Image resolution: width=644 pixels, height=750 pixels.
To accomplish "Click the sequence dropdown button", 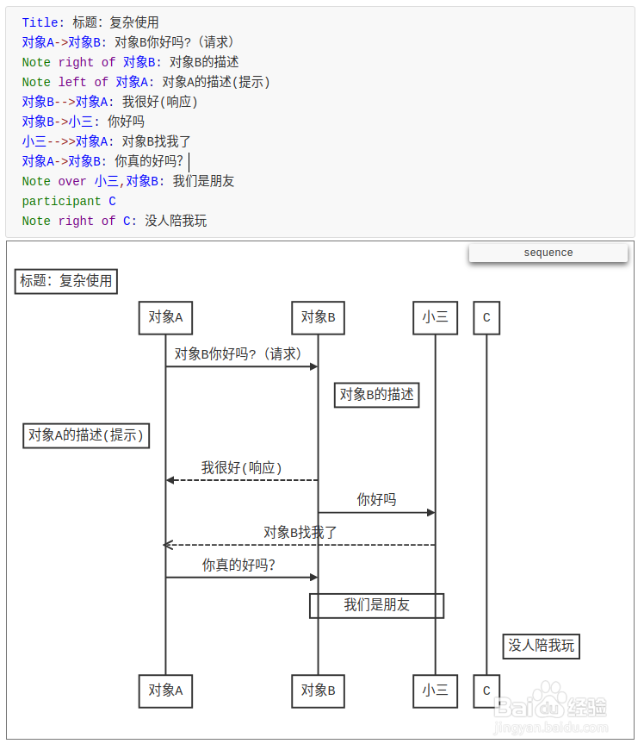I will click(x=548, y=253).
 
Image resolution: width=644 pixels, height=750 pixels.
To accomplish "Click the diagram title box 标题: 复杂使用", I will click(x=66, y=281).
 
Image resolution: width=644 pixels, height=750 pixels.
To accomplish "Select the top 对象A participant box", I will click(x=165, y=317).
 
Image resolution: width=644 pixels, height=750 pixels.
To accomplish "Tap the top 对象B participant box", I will click(x=318, y=317).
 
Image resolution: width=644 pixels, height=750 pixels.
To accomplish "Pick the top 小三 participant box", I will click(x=435, y=317).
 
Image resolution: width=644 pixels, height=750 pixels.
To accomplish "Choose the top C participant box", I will click(x=486, y=317).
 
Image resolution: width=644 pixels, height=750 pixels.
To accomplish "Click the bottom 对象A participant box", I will click(x=165, y=691).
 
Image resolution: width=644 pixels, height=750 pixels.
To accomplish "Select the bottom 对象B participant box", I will click(x=318, y=691).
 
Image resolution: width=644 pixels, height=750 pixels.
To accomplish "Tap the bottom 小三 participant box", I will click(x=435, y=691).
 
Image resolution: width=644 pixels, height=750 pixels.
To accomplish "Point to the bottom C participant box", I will click(x=486, y=691).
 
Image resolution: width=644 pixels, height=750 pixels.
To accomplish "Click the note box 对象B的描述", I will click(x=377, y=395).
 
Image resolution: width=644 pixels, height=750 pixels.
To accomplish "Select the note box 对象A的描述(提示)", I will click(x=85, y=435).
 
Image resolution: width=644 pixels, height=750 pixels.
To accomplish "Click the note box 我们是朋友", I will click(x=377, y=605).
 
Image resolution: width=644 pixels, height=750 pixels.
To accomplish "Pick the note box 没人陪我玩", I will click(x=542, y=646).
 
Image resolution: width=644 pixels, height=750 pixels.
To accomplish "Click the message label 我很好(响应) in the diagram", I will click(x=242, y=468).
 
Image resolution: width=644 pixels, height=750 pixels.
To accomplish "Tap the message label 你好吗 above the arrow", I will click(x=377, y=500).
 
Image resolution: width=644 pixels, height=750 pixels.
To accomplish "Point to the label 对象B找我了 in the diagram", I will click(x=300, y=533).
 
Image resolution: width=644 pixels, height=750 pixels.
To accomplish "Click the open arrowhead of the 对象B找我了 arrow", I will click(x=168, y=545).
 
